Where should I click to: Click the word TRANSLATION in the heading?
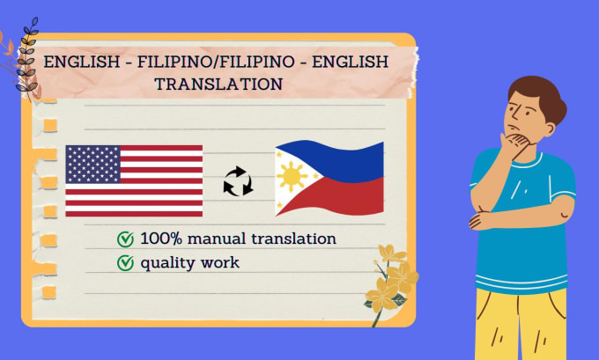(218, 84)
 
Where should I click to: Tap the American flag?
(134, 181)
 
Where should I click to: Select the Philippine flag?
(329, 178)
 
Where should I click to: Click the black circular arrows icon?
(238, 181)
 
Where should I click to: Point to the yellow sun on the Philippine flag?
(292, 176)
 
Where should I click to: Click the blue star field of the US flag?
(93, 165)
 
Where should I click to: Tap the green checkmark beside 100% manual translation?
(125, 239)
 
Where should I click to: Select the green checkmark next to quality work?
(125, 263)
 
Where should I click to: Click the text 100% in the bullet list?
(161, 239)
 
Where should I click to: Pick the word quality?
(167, 263)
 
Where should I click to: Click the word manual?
(216, 239)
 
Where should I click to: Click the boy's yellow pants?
(521, 325)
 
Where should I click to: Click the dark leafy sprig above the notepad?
(28, 57)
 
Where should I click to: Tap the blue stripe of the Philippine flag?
(336, 159)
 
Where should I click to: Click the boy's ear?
(550, 129)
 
